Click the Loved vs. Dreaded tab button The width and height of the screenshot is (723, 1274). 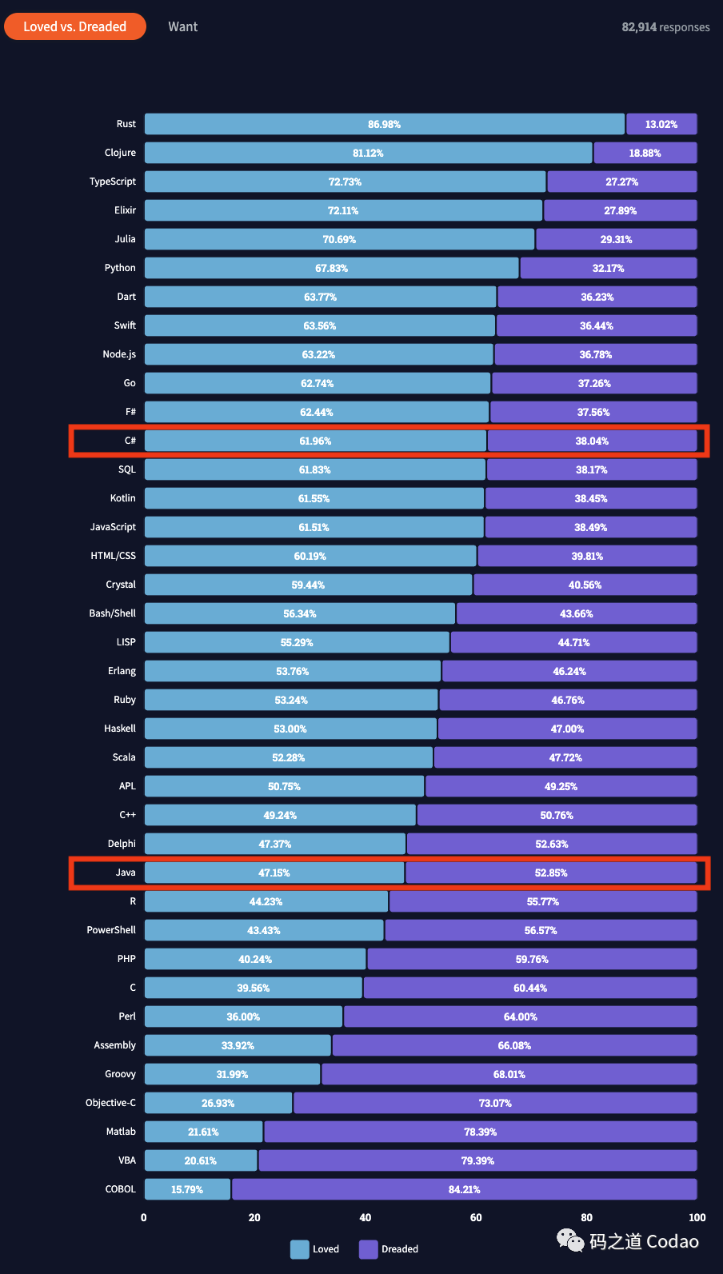[75, 26]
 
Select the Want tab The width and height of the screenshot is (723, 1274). [182, 26]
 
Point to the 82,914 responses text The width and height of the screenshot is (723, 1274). [665, 27]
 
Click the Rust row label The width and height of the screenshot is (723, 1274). [126, 124]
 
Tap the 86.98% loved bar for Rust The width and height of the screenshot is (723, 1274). [385, 124]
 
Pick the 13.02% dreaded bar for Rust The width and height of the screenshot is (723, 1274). [661, 124]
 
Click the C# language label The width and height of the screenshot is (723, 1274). [130, 441]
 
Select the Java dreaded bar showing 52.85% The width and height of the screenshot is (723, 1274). [551, 873]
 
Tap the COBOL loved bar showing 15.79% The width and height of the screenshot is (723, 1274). [187, 1189]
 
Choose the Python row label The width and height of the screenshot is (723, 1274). [120, 268]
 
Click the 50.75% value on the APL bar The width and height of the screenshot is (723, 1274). [284, 787]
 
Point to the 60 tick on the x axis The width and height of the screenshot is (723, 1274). [476, 1218]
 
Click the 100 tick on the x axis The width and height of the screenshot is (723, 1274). [697, 1218]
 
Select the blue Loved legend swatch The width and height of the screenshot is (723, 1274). [300, 1249]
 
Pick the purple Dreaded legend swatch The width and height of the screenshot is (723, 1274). [369, 1249]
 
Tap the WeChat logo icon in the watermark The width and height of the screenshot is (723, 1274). [570, 1240]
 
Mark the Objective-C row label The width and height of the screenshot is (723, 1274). [111, 1103]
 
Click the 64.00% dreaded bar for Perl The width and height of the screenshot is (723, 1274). [521, 1016]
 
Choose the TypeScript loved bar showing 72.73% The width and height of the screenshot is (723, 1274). [346, 182]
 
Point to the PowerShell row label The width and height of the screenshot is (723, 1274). [111, 930]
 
